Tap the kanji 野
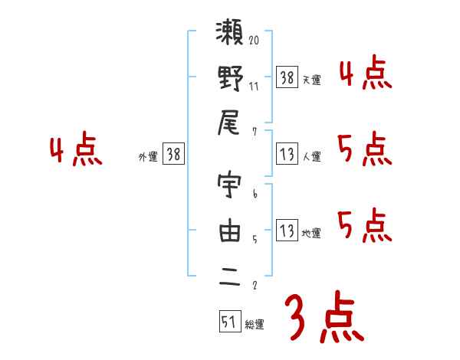click(230, 80)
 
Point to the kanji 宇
click(230, 188)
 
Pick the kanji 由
click(230, 231)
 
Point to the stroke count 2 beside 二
click(254, 286)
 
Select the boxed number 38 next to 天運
click(287, 77)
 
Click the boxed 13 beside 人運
click(287, 154)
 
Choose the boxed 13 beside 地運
click(287, 231)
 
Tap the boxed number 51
click(229, 322)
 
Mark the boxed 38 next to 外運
click(173, 154)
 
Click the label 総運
click(255, 325)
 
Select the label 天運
click(311, 80)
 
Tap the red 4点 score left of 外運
click(75, 150)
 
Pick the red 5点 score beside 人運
click(364, 149)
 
